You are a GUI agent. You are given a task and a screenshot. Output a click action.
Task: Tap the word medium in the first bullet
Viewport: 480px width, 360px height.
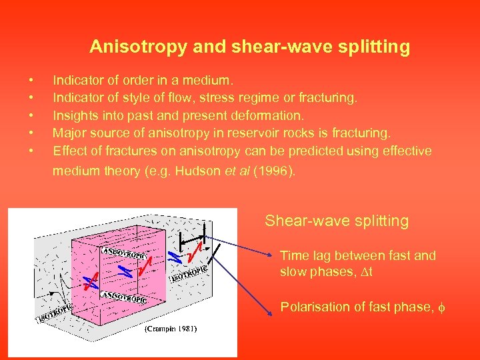tap(205, 81)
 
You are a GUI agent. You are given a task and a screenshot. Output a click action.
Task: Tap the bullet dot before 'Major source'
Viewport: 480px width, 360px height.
tap(31, 133)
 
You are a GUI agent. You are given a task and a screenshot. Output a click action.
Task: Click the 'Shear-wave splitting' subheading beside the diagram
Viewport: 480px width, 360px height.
tap(337, 221)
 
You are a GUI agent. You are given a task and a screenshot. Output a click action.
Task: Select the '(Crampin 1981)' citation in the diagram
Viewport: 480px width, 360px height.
tap(170, 329)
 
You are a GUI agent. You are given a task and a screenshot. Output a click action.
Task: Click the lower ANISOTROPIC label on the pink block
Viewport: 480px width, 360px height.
tap(123, 297)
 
